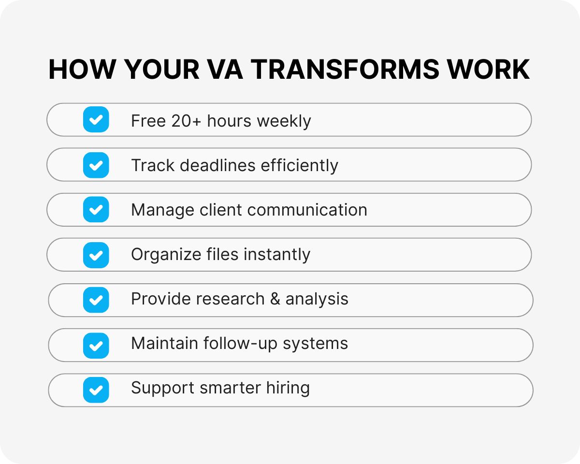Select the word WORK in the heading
(489, 70)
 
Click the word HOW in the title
(83, 70)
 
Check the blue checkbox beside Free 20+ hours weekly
(96, 119)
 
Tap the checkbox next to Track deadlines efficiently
(96, 165)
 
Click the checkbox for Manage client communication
(96, 209)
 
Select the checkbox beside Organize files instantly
(96, 255)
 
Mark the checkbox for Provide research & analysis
(96, 300)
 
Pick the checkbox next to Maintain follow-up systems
(96, 346)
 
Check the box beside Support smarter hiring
(96, 390)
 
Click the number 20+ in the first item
(186, 121)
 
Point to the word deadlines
(217, 165)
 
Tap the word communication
(307, 210)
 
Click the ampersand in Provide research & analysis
(275, 299)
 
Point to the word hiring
(288, 388)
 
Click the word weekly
(284, 121)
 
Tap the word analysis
(317, 299)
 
